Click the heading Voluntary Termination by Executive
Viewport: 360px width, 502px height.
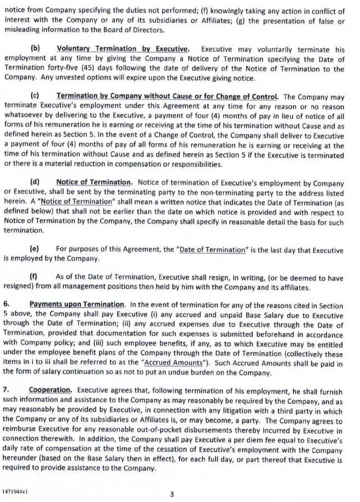pyautogui.click(x=123, y=49)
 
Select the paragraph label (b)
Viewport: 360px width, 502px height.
pyautogui.click(x=36, y=49)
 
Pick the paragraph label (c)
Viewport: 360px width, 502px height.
pyautogui.click(x=35, y=97)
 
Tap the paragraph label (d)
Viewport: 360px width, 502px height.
pyautogui.click(x=35, y=183)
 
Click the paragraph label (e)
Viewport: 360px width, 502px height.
pyautogui.click(x=35, y=250)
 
